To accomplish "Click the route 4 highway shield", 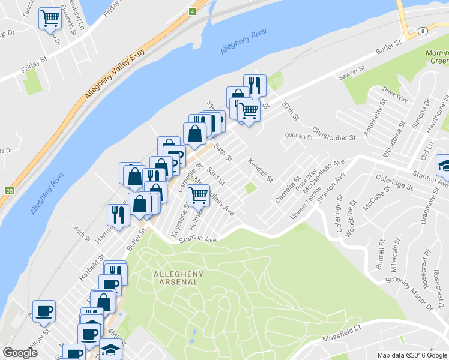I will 192,11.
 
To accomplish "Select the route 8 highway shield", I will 423,30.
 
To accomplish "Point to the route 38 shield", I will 8,191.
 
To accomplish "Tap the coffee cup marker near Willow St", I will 44,310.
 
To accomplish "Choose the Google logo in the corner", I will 20,353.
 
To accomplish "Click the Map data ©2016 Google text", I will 412,355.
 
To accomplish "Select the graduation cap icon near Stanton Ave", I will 443,164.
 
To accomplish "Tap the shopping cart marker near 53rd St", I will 198,194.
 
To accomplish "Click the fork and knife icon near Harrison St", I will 118,214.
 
